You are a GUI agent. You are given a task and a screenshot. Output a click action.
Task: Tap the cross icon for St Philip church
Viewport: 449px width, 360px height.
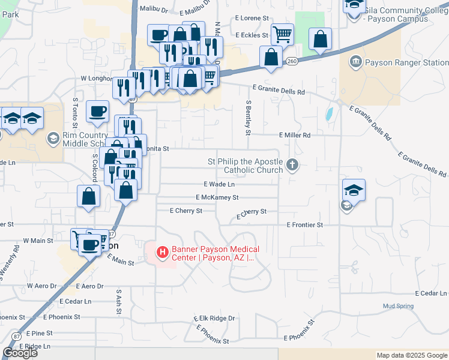292,165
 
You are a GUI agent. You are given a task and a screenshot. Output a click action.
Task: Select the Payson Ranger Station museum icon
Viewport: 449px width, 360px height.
355,62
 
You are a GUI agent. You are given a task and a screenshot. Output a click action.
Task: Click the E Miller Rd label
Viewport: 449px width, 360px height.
294,136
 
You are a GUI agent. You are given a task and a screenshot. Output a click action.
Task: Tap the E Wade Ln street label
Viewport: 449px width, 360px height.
219,184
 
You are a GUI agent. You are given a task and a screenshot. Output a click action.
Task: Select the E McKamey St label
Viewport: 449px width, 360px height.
217,197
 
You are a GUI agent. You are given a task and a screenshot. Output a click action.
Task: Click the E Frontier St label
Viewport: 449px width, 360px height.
305,224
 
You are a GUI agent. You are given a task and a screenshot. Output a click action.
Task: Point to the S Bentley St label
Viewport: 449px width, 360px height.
247,118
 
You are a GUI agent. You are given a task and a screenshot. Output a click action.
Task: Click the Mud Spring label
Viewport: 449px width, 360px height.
398,306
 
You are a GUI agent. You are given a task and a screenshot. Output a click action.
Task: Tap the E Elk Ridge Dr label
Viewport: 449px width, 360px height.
214,318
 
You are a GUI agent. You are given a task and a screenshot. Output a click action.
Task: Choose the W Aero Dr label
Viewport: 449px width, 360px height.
41,286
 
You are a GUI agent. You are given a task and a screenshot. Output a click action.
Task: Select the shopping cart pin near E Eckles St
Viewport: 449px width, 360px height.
282,34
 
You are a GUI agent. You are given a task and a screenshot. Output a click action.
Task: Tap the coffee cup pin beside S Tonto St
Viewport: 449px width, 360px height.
98,110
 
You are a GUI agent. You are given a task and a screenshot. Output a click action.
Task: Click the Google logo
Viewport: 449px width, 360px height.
20,353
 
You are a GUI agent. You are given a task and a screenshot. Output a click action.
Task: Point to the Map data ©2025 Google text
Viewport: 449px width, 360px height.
411,355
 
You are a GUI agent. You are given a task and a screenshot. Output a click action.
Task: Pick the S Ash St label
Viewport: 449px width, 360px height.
119,300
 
